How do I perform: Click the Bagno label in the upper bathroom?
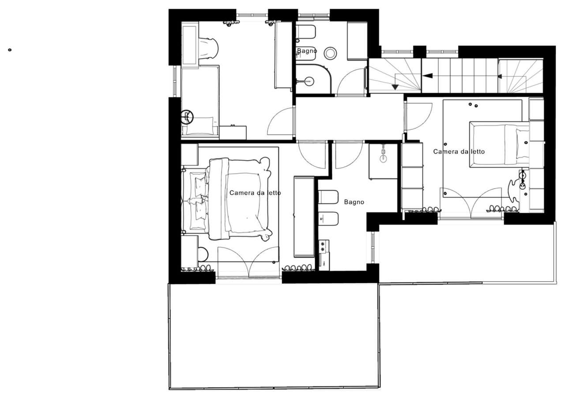307,51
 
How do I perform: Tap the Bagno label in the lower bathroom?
354,202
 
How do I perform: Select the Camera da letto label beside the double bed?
255,193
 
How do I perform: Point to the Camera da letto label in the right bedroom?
459,151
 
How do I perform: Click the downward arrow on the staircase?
395,87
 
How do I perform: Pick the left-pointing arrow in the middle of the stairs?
428,75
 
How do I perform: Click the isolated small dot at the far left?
10,50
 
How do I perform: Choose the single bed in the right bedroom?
499,144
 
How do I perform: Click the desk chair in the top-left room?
208,49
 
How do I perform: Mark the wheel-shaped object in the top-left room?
187,117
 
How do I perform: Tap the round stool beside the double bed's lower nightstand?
203,254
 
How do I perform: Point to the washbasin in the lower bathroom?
383,158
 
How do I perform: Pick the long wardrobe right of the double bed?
304,217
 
